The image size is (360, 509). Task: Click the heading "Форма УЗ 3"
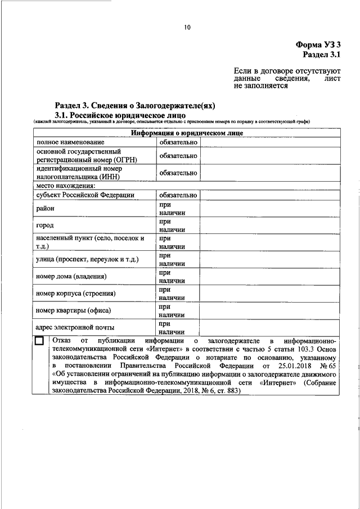[318, 44]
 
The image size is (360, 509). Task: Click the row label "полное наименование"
[70, 142]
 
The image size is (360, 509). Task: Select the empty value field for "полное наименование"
[270, 142]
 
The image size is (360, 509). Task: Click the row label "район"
[45, 209]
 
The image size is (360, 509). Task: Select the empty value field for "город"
[270, 226]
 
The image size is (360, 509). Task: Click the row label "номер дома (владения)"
[71, 276]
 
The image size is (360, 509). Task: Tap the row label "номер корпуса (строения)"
[76, 293]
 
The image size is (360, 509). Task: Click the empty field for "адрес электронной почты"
[270, 327]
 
